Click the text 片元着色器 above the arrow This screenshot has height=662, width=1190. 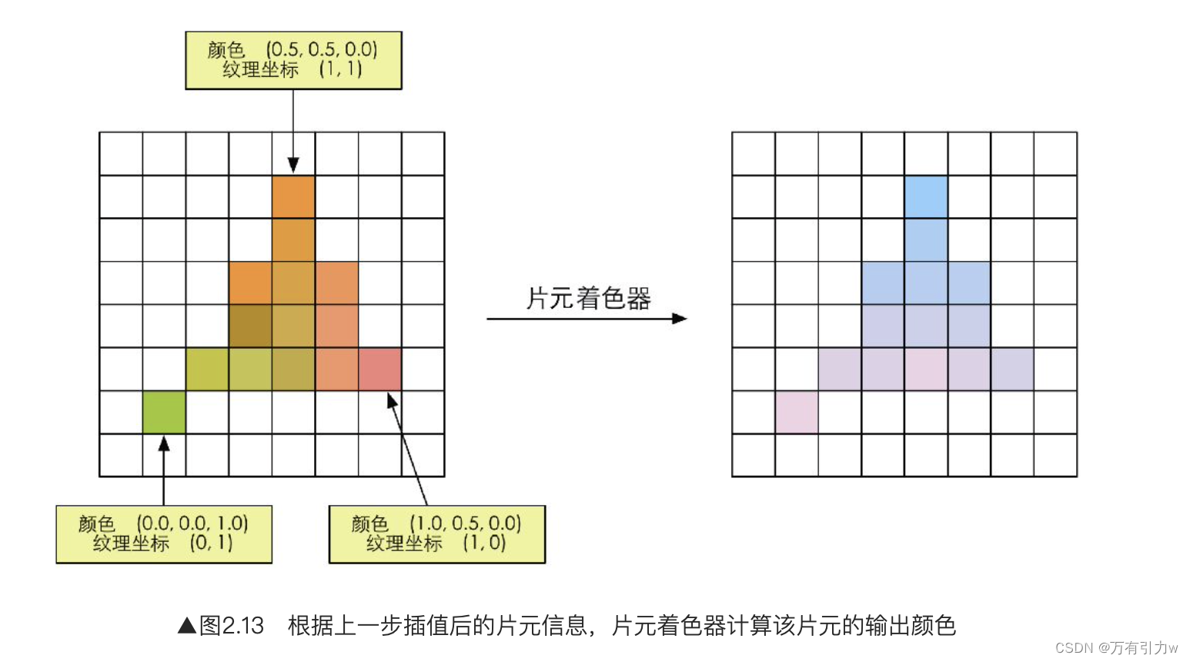(589, 298)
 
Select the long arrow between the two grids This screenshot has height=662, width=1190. (585, 318)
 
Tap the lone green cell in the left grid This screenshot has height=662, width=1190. (164, 412)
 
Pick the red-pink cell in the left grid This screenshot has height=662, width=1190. (379, 369)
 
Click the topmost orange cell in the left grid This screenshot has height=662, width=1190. (293, 197)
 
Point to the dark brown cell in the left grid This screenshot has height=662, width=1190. (250, 326)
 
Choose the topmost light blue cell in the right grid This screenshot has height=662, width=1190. (926, 197)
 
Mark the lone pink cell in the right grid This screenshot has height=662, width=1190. (797, 412)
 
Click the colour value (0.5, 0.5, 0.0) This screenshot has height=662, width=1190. (322, 49)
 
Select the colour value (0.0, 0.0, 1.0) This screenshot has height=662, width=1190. (192, 523)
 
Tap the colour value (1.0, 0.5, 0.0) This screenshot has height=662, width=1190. (465, 523)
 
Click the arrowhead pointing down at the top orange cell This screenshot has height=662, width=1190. (293, 165)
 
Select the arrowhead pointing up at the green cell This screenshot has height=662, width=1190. (164, 444)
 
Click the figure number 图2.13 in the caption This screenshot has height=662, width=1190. (232, 626)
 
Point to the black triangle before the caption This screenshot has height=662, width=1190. (187, 626)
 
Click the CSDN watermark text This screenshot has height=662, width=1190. (1116, 648)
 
